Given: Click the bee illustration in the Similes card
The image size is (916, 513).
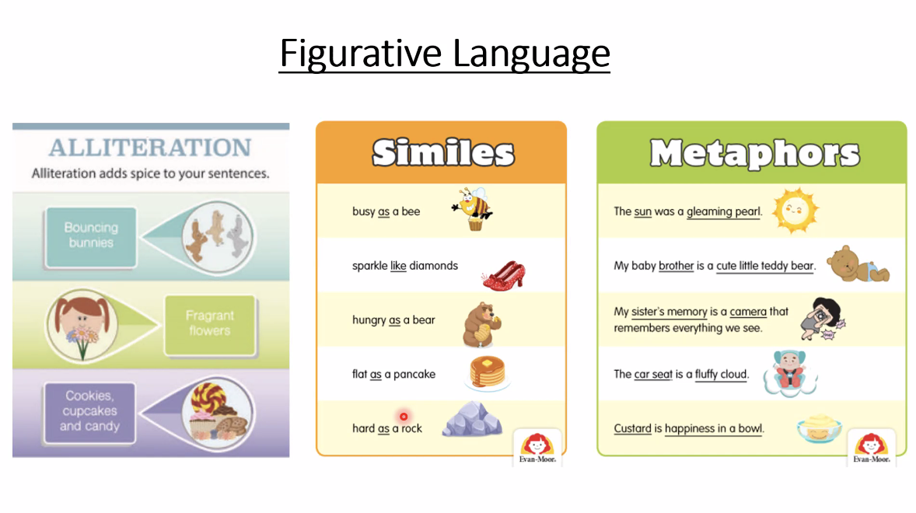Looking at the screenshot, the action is click(x=473, y=208).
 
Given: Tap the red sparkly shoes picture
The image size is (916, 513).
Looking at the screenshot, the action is click(x=504, y=275).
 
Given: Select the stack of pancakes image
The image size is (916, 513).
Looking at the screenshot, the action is click(x=488, y=372).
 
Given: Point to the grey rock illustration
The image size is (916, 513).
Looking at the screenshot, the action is click(x=472, y=419).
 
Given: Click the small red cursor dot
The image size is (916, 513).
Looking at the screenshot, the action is click(x=404, y=416).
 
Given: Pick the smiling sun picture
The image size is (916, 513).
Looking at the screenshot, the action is click(x=795, y=211).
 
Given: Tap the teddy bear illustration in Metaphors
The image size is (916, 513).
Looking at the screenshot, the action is click(x=857, y=264).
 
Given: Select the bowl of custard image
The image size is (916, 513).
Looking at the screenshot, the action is click(x=819, y=428).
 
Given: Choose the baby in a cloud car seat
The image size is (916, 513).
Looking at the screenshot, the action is click(x=790, y=374).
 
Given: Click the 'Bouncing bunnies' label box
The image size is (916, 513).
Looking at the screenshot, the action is click(x=91, y=237).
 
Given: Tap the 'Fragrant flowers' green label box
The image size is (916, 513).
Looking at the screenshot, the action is click(x=210, y=325).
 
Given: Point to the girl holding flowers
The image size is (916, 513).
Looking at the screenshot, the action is click(x=82, y=324).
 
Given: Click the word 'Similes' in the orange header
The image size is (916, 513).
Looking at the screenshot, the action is click(x=443, y=153).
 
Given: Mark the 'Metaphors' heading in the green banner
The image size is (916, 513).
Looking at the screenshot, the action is click(x=755, y=153).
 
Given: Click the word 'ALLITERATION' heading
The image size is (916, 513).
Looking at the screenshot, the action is click(x=150, y=148).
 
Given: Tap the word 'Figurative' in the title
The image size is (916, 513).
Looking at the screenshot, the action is click(x=361, y=53).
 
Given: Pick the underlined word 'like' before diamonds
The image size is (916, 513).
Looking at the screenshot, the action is click(x=398, y=266).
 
